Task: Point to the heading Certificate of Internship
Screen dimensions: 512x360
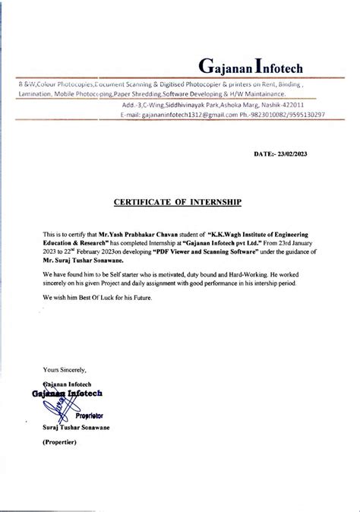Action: pyautogui.click(x=177, y=203)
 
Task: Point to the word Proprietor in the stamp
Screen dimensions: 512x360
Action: pyautogui.click(x=89, y=416)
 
